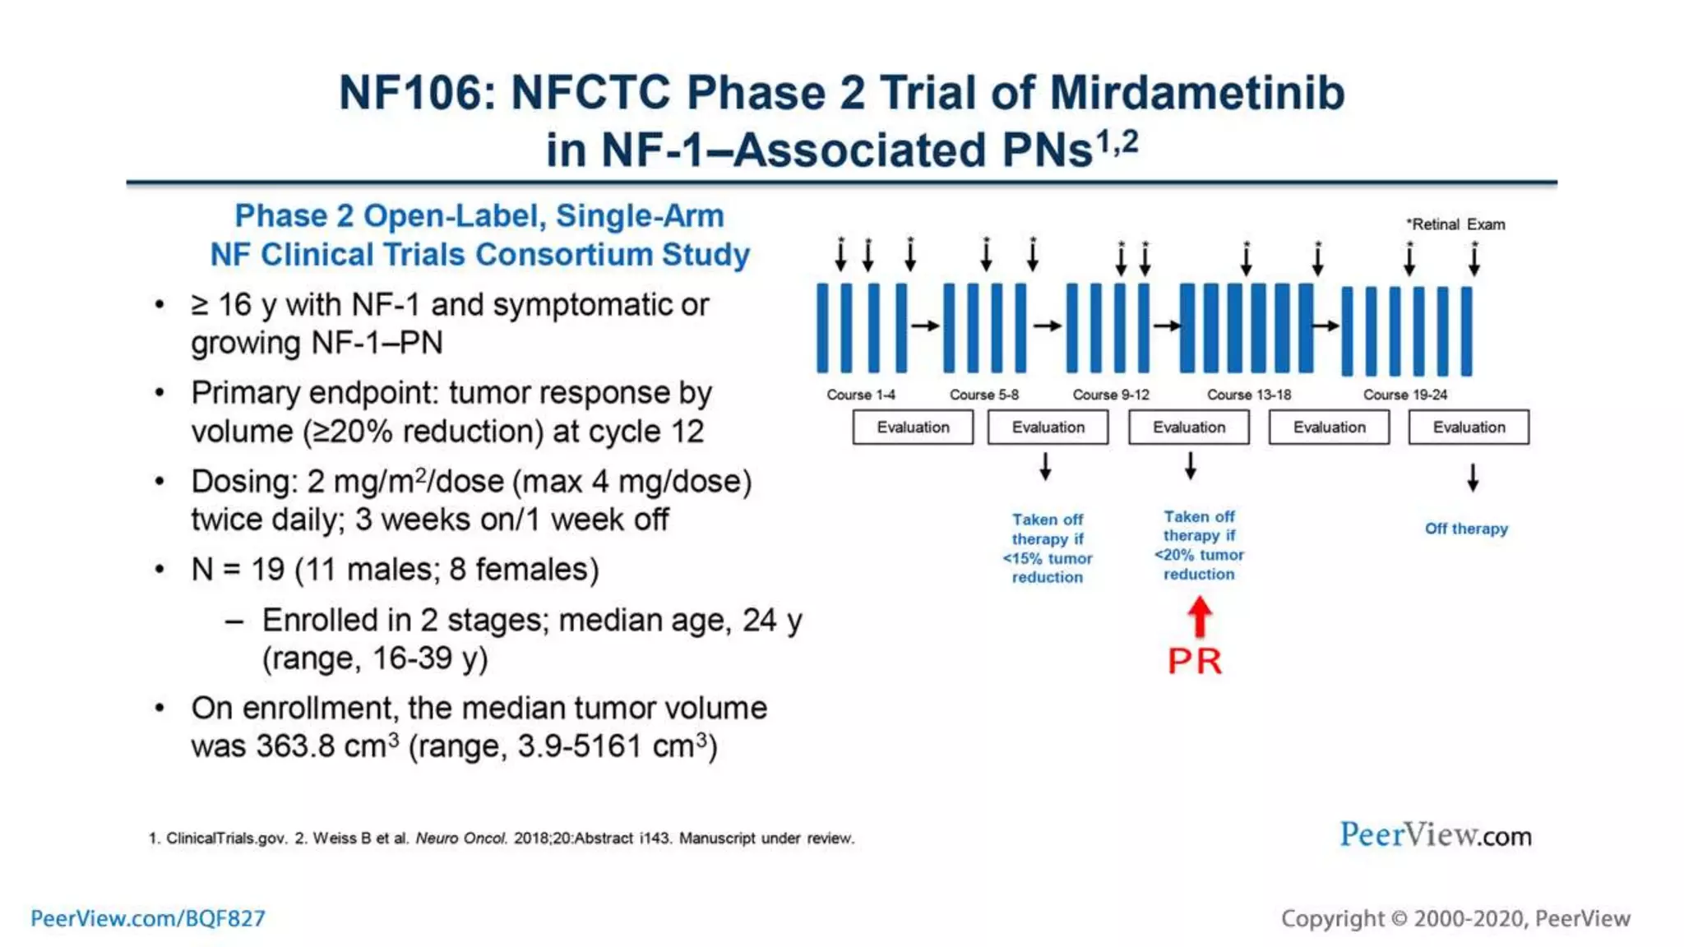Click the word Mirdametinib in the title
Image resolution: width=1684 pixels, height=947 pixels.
1197,92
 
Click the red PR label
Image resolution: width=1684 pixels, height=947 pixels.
1195,662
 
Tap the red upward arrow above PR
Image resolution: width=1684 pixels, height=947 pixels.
1200,617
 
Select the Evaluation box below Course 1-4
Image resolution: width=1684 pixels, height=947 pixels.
913,427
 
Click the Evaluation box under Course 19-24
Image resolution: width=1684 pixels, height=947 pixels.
1469,427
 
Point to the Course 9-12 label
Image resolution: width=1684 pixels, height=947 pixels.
1110,395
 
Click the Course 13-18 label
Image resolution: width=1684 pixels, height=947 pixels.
1248,395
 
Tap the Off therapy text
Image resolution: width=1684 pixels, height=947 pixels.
1466,529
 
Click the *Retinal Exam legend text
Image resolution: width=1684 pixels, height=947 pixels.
1455,224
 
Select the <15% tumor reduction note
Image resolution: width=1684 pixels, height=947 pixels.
1047,548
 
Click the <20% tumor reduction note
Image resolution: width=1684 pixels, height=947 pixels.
1199,545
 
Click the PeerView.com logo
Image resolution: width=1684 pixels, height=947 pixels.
1435,835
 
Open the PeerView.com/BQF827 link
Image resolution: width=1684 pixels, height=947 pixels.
148,918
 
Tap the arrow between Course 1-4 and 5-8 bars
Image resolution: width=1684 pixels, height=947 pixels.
925,326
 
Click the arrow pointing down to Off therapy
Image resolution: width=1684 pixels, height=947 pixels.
1473,478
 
